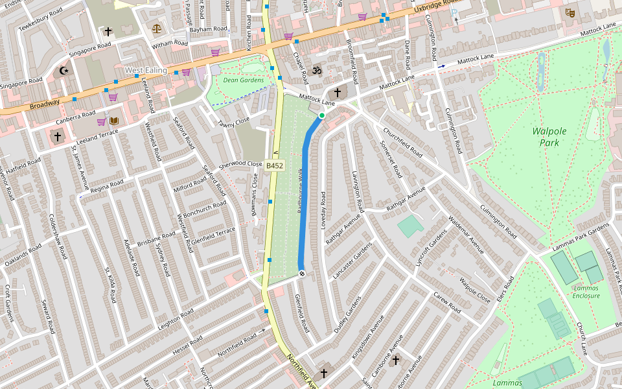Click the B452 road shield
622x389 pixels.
click(275, 166)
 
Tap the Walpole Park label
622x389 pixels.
click(549, 136)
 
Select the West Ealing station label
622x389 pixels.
click(146, 70)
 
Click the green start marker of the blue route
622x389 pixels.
click(321, 115)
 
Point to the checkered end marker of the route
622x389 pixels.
click(302, 274)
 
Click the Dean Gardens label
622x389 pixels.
click(243, 80)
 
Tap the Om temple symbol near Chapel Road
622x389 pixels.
click(317, 70)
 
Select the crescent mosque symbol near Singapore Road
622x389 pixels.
click(63, 71)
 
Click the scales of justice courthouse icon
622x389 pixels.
click(156, 29)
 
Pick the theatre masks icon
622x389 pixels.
click(570, 12)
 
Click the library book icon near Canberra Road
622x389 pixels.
click(114, 121)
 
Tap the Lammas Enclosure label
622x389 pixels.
click(586, 292)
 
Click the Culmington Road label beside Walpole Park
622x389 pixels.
click(498, 220)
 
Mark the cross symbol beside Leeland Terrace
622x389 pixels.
click(57, 137)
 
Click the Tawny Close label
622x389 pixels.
click(233, 123)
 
